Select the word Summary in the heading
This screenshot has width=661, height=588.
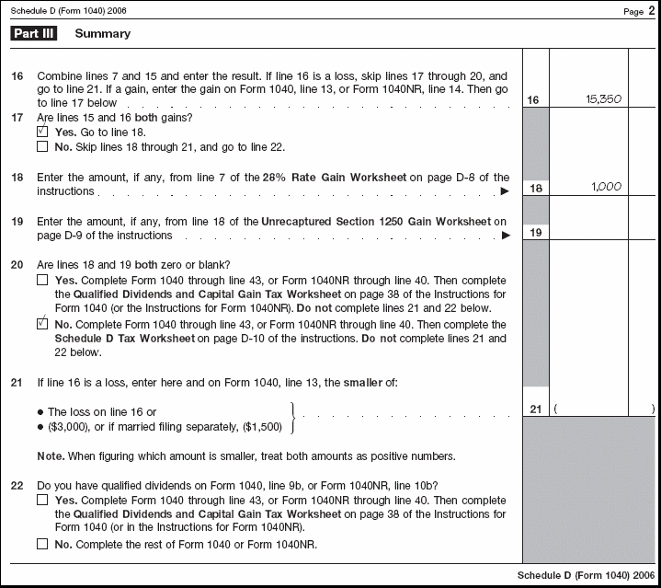(103, 34)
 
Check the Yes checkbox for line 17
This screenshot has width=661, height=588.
(42, 132)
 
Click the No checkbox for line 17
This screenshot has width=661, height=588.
(42, 146)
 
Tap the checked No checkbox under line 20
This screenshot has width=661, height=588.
(42, 324)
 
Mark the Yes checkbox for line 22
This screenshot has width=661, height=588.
(42, 500)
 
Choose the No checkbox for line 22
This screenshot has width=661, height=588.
(42, 544)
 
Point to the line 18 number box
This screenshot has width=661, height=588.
(534, 188)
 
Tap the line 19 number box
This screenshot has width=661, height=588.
(534, 232)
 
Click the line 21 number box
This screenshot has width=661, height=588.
(534, 409)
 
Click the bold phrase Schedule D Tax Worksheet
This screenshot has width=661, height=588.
(125, 339)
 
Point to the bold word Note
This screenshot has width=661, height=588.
(51, 456)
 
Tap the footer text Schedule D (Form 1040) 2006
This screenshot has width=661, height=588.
(583, 575)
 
